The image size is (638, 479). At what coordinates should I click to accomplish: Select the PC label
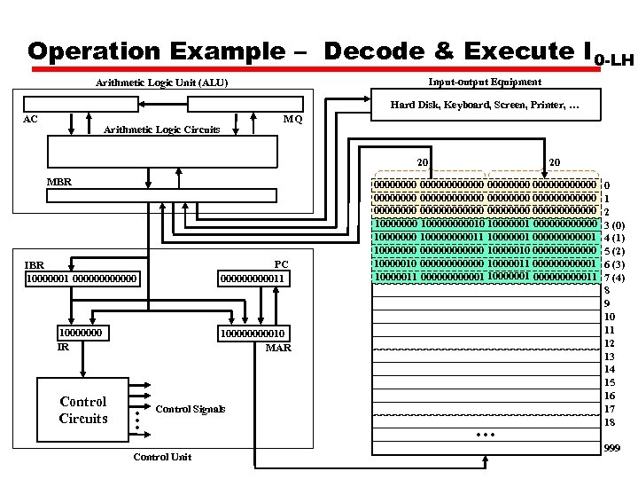click(x=281, y=264)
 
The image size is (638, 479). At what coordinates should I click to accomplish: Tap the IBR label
click(x=35, y=264)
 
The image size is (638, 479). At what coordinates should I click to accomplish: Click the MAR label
click(x=278, y=348)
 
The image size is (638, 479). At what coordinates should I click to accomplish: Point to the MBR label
click(x=58, y=182)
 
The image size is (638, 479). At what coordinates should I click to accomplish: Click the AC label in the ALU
click(x=30, y=119)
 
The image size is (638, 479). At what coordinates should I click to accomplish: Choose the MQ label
click(x=292, y=119)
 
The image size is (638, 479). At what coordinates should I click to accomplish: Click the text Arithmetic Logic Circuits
click(x=162, y=130)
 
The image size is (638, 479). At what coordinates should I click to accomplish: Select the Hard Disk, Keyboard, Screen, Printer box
click(x=485, y=106)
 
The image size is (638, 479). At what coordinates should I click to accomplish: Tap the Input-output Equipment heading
click(x=484, y=82)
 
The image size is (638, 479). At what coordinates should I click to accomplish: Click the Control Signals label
click(x=190, y=409)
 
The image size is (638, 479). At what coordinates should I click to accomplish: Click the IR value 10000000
click(x=80, y=333)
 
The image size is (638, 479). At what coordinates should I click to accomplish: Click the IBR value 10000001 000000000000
click(x=82, y=279)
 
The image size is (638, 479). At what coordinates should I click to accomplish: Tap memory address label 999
click(x=611, y=449)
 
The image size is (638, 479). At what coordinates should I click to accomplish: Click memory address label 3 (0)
click(x=614, y=225)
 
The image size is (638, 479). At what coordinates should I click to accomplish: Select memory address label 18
click(x=609, y=422)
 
